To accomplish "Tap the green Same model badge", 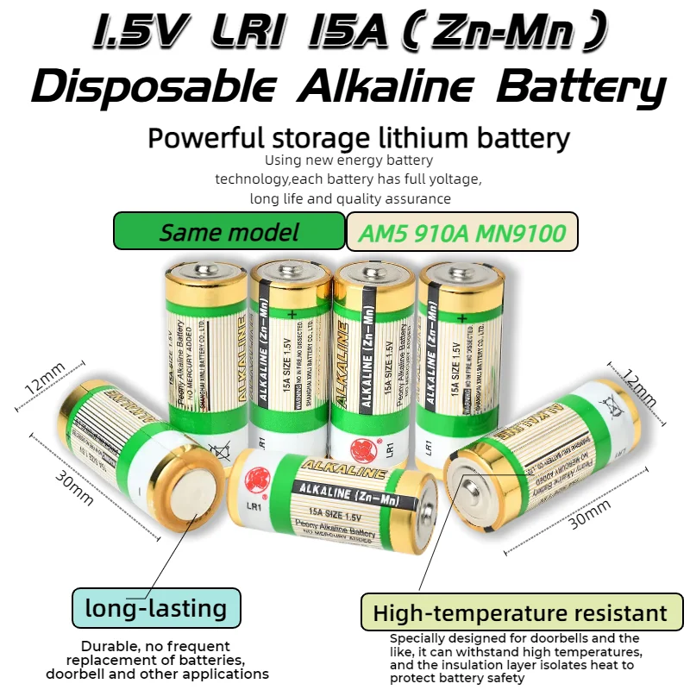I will coord(229,231).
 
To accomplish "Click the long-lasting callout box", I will coord(156,608).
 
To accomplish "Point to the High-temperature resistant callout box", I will coord(520,613).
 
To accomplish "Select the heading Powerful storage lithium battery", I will coord(359,138).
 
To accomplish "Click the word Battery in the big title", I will coord(583,88).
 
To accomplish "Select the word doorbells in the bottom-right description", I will coord(542,637).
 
